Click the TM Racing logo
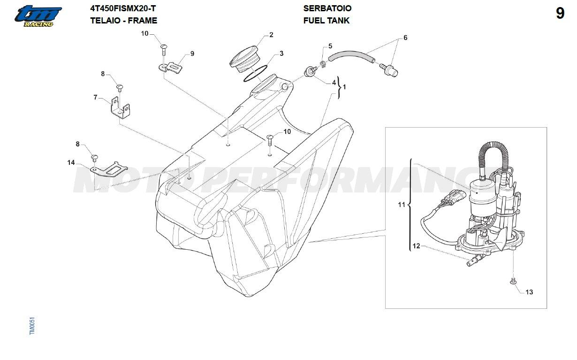[37, 15]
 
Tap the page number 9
[560, 14]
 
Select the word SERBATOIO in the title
[327, 8]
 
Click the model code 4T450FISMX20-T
[123, 8]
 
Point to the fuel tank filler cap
[244, 59]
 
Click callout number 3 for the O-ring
[281, 54]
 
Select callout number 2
[271, 35]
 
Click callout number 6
[405, 38]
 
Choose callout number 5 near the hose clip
[330, 46]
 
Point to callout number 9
[192, 54]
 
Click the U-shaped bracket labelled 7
[120, 108]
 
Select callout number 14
[71, 163]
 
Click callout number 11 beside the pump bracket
[401, 205]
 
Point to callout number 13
[529, 292]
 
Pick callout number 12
[416, 245]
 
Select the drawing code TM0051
[32, 326]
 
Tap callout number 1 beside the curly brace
[345, 87]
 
